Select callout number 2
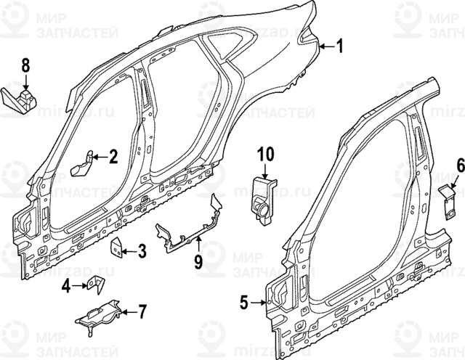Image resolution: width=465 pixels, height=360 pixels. click(x=113, y=155)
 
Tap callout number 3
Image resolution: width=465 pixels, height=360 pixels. click(x=142, y=252)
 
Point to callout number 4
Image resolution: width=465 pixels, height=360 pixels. click(x=66, y=287)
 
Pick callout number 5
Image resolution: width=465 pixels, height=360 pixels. click(x=244, y=300)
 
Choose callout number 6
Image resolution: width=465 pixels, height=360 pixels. click(x=460, y=167)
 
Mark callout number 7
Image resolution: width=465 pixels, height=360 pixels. click(x=142, y=313)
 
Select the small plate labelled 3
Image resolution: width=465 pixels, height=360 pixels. click(x=116, y=248)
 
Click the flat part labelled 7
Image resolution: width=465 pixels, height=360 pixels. click(x=98, y=314)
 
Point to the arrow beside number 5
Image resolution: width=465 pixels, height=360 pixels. click(x=258, y=300)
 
